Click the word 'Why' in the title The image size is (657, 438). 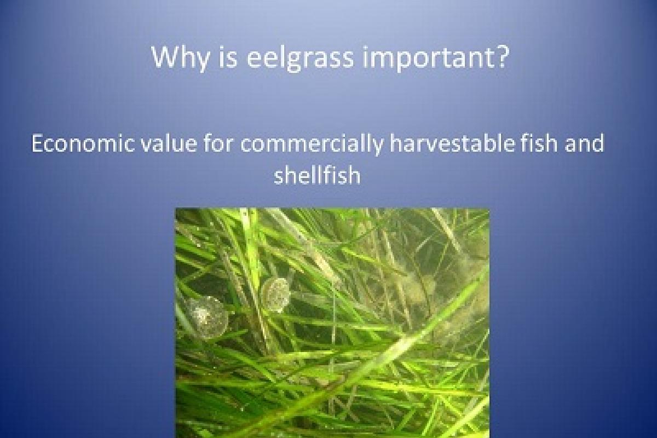[180, 58]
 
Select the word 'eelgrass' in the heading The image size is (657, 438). [300, 58]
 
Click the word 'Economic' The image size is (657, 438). [83, 143]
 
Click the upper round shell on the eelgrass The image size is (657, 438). [275, 295]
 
